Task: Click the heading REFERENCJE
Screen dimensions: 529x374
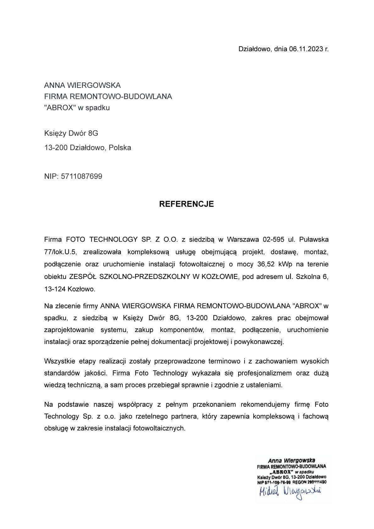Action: click(186, 204)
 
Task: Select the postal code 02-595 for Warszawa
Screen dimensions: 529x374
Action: click(273, 240)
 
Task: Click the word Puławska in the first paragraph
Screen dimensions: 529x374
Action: click(314, 240)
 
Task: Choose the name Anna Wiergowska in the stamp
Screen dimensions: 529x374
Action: click(291, 461)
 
